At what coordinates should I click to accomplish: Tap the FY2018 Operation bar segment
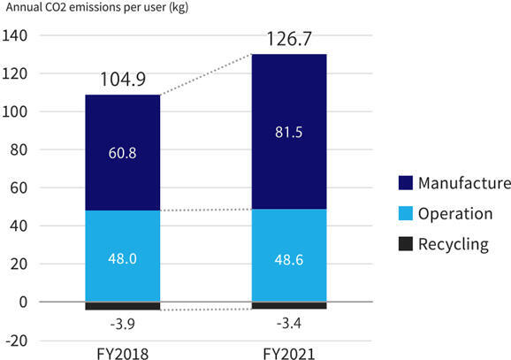coord(123,239)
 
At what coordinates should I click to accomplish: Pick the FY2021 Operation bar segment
coord(289,239)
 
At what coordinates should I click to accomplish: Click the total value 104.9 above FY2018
coord(123,80)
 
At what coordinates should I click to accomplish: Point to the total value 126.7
coord(289,40)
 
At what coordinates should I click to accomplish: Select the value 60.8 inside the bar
coord(123,152)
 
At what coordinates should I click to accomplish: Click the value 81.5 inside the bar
coord(289,133)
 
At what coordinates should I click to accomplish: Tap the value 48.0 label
coord(123,258)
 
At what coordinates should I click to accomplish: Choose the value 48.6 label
coord(289,258)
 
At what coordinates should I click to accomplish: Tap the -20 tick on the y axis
coord(16,341)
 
